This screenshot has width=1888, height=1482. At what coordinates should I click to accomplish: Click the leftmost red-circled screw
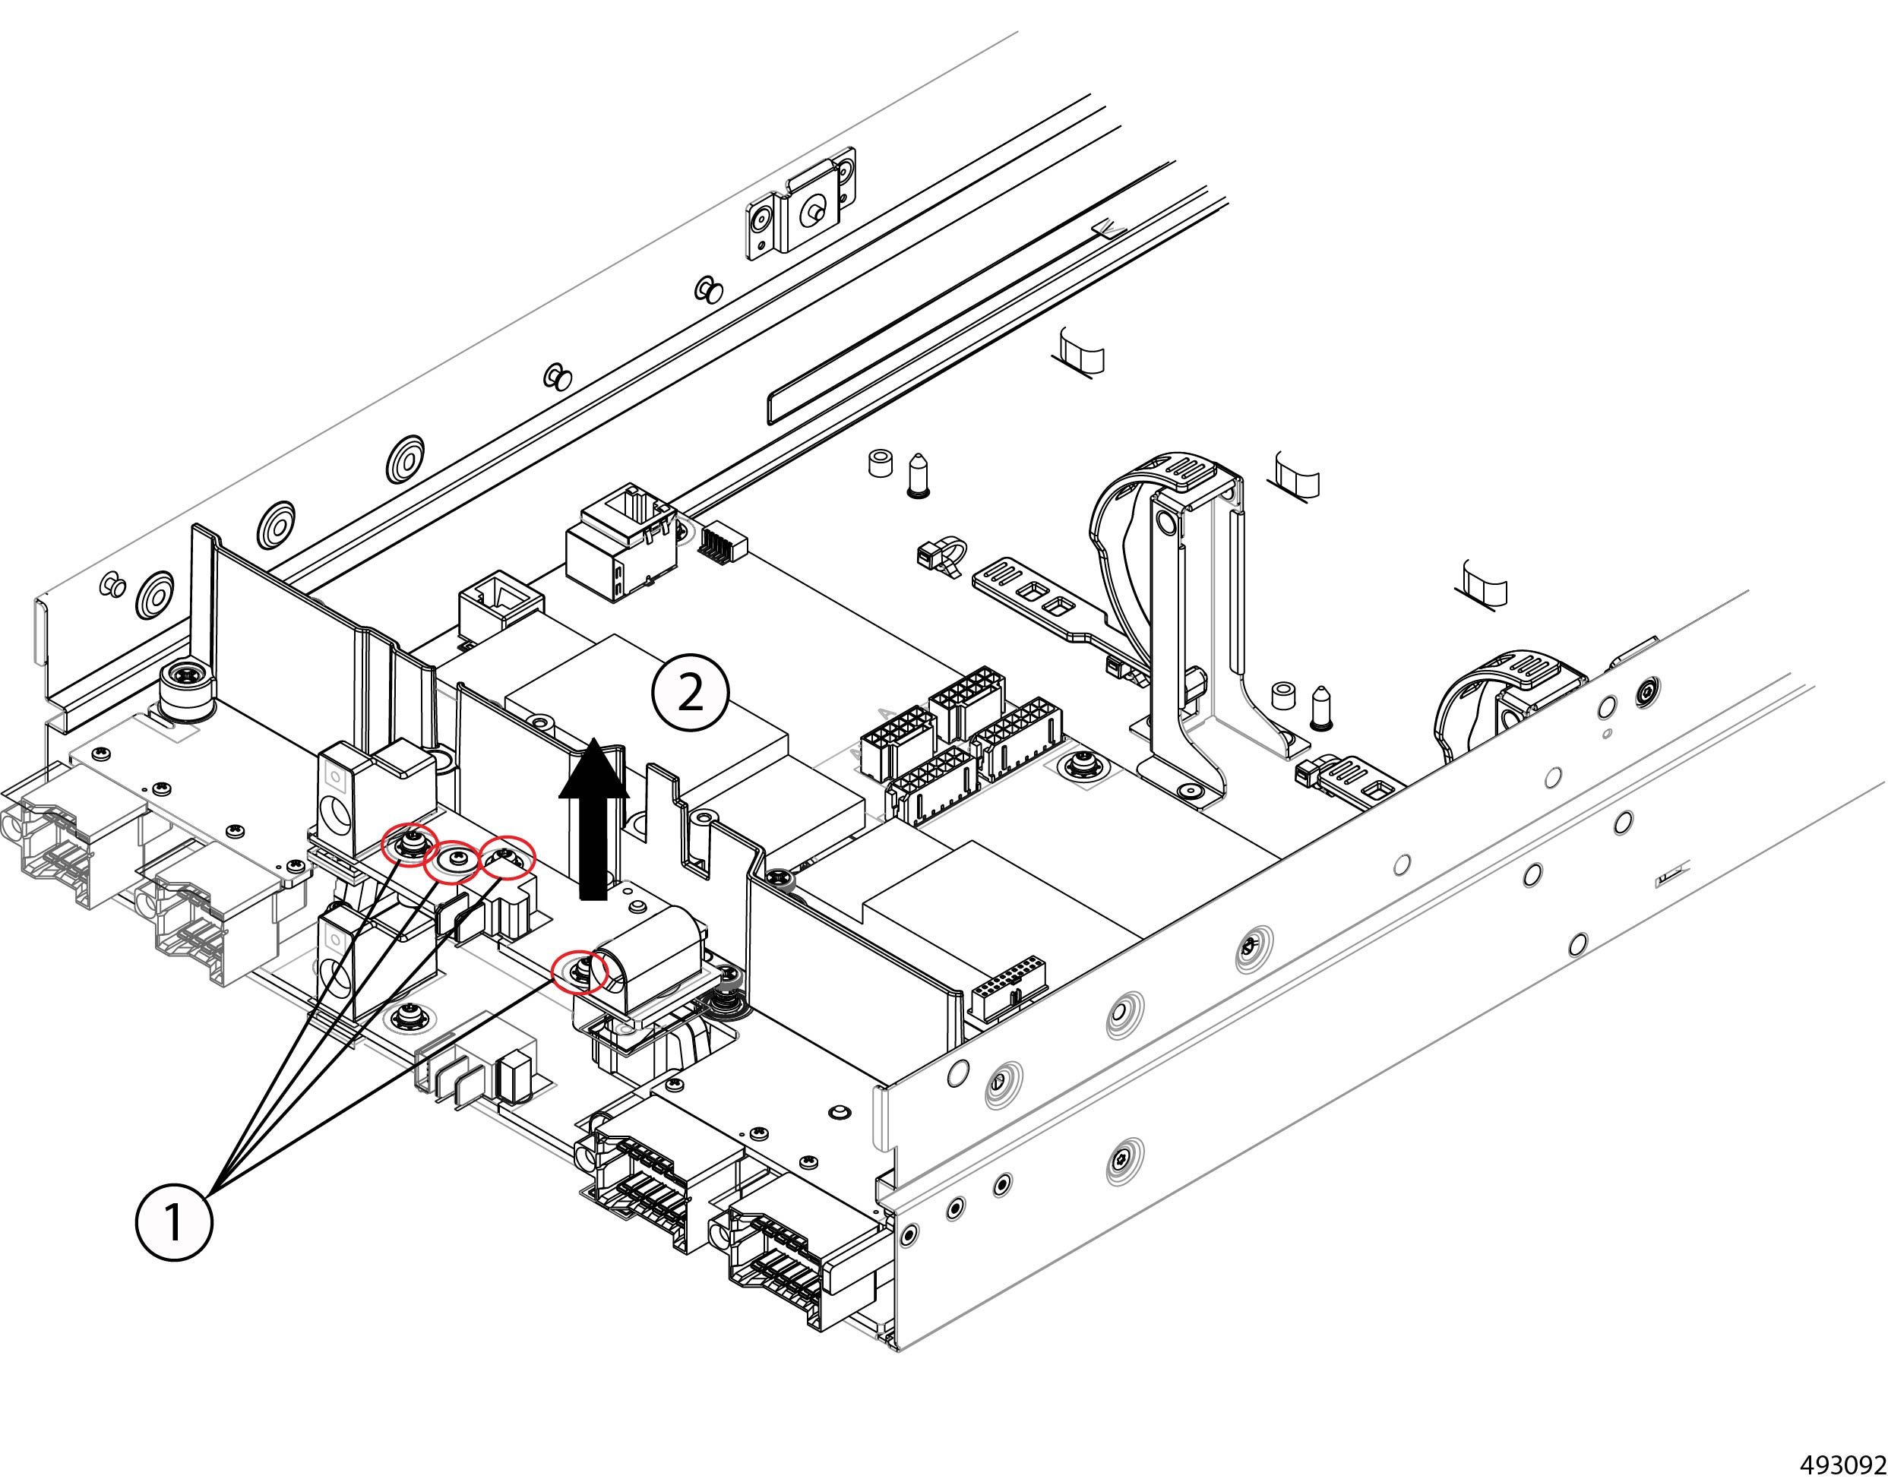coord(410,842)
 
